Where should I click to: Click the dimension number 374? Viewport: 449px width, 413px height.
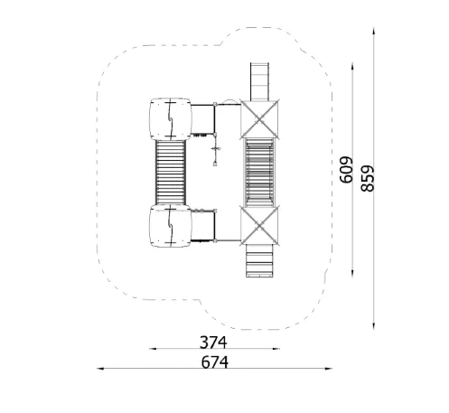click(213, 343)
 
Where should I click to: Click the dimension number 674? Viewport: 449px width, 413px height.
click(214, 362)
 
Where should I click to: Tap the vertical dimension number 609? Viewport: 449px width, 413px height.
click(346, 170)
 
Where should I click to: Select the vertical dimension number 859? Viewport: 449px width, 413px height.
click(368, 179)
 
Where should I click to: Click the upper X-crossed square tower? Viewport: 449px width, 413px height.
click(259, 119)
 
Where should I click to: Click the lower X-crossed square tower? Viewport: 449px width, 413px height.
click(259, 226)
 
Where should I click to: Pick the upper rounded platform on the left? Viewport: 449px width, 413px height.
click(171, 119)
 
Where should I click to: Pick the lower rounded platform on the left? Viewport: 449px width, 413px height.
click(171, 226)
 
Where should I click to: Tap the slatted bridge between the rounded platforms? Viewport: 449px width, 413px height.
click(171, 173)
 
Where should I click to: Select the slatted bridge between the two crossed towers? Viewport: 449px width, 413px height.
click(259, 173)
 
